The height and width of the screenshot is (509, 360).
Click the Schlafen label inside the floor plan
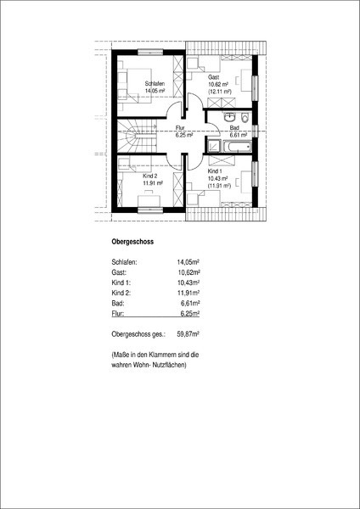155,83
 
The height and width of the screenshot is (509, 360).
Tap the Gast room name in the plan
214,77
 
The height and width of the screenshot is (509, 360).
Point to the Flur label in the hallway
180,127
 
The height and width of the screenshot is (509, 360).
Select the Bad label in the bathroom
233,127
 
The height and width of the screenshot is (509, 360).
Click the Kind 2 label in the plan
150,176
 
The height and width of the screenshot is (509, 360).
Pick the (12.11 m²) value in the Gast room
220,92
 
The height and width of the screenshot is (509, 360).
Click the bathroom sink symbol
230,117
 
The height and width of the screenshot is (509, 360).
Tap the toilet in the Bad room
245,117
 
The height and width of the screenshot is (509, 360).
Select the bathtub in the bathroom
238,147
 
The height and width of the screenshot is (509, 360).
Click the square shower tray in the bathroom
213,146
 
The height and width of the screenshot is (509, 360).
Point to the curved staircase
136,136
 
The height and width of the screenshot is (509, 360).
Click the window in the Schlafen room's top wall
149,53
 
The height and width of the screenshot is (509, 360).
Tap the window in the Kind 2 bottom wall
149,210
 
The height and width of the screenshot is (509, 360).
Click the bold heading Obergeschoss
132,242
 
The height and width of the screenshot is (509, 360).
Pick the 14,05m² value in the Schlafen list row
188,261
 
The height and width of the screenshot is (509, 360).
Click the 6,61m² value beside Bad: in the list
189,303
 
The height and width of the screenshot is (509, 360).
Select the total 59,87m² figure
188,334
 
